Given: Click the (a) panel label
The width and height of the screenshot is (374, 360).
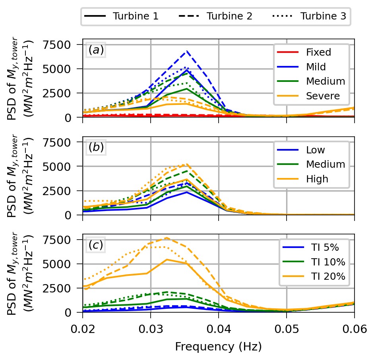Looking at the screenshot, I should point(96,50).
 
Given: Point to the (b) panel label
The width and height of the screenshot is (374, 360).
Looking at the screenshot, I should point(96,147).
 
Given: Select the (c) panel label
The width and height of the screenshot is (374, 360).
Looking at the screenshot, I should point(96,245).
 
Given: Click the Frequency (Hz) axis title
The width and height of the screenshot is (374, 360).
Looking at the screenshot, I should point(218,347).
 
